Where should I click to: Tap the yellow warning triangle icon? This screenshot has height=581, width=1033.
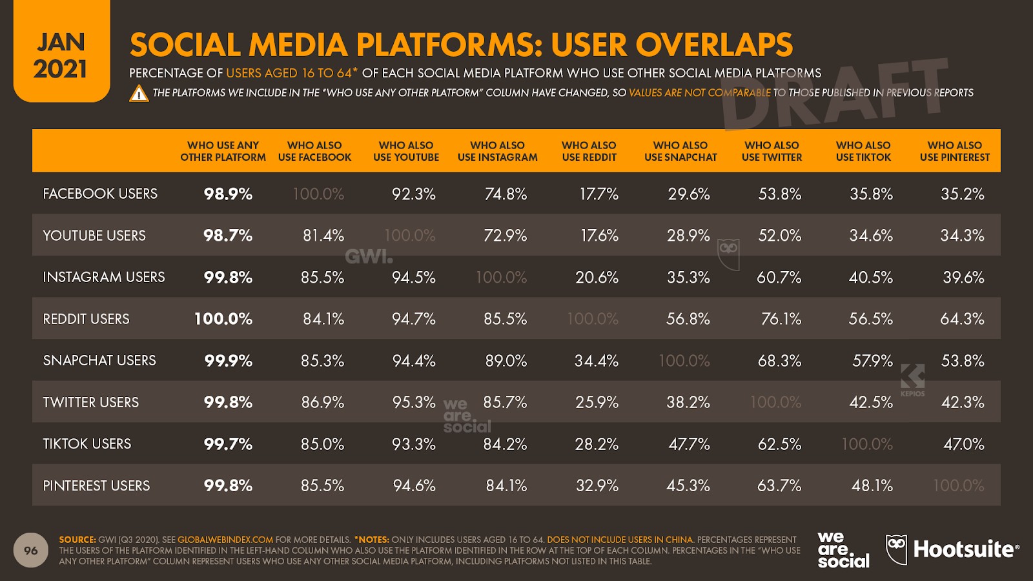(139, 94)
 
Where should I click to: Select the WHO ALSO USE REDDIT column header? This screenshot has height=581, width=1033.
(589, 151)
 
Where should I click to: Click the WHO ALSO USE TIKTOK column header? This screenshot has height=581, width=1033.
(863, 151)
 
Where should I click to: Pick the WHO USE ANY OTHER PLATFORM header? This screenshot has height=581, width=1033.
(223, 151)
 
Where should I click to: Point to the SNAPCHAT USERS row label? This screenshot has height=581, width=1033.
(99, 360)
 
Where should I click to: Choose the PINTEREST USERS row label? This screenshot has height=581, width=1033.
(96, 485)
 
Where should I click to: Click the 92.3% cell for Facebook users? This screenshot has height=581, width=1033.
(413, 194)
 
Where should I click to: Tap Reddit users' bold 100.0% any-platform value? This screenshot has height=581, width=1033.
(223, 319)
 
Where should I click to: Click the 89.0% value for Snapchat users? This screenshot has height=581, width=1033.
(506, 360)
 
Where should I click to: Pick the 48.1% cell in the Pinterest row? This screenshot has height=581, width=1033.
(872, 485)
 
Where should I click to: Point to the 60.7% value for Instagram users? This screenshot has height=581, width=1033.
(779, 278)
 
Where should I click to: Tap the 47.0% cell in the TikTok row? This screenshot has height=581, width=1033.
(963, 444)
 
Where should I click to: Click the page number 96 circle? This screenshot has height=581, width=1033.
(31, 551)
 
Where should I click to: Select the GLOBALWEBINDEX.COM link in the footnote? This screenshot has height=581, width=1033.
(225, 540)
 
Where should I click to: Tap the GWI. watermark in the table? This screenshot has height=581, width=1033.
(369, 256)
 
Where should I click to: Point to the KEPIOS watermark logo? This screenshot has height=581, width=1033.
(912, 380)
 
